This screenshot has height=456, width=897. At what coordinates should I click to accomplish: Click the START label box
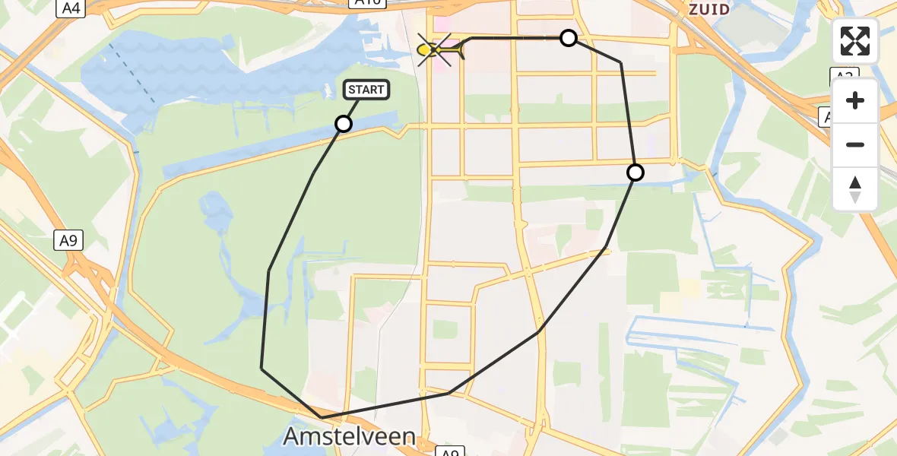(x=367, y=90)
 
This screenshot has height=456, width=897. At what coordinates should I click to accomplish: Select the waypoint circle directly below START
(x=344, y=123)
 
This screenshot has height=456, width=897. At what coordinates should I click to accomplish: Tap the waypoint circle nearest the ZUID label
(x=569, y=38)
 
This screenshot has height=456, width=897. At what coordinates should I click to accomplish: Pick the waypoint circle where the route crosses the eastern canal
(x=635, y=173)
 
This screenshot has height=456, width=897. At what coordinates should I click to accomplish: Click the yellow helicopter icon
(x=439, y=50)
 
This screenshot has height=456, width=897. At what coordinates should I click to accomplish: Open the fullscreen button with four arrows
(x=855, y=41)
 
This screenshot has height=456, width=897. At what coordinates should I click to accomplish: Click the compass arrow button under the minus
(x=855, y=189)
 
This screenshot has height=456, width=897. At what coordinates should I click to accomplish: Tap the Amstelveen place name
(x=350, y=436)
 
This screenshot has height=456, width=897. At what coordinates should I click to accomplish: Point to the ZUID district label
(x=708, y=9)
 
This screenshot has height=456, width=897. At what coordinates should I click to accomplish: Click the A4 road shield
(x=71, y=8)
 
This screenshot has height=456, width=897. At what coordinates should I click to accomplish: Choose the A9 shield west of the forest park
(x=68, y=241)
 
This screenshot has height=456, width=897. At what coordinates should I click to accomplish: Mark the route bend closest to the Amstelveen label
(x=322, y=417)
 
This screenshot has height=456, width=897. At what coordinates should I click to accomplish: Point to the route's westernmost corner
(x=261, y=368)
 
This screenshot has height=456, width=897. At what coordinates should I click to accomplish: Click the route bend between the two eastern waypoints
(x=621, y=62)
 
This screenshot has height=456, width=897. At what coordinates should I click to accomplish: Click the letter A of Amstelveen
(x=291, y=437)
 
